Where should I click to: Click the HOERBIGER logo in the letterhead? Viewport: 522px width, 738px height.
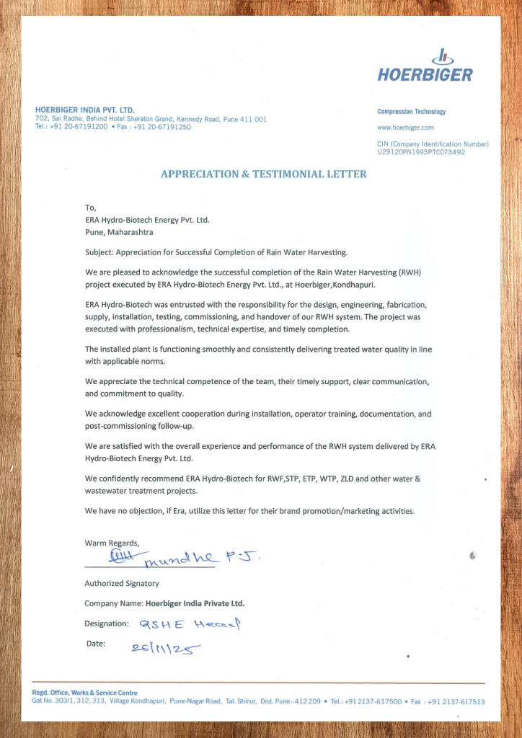425,67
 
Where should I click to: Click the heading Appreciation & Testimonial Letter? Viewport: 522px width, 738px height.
263,174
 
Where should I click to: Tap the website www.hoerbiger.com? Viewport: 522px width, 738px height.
405,128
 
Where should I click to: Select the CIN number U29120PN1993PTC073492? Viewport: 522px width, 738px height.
421,152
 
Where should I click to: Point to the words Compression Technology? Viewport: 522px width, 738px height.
411,112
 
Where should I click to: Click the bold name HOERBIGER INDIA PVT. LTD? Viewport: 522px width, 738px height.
84,110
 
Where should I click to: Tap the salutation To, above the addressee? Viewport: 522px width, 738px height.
90,208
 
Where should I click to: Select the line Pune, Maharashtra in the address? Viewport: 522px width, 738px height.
119,233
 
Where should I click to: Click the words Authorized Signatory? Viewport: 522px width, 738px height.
122,583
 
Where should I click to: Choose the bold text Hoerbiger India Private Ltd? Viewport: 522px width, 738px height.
200,603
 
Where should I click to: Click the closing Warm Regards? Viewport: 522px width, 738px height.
112,543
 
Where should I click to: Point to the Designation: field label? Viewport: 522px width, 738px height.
107,623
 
